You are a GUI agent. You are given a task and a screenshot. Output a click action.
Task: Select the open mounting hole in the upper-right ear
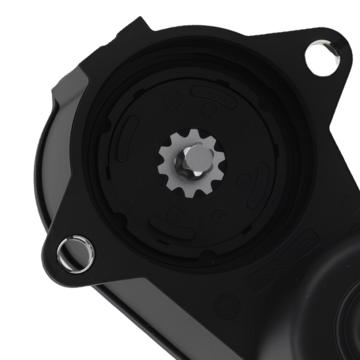(321, 55)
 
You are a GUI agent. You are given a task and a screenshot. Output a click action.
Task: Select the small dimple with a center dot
(217, 215)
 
